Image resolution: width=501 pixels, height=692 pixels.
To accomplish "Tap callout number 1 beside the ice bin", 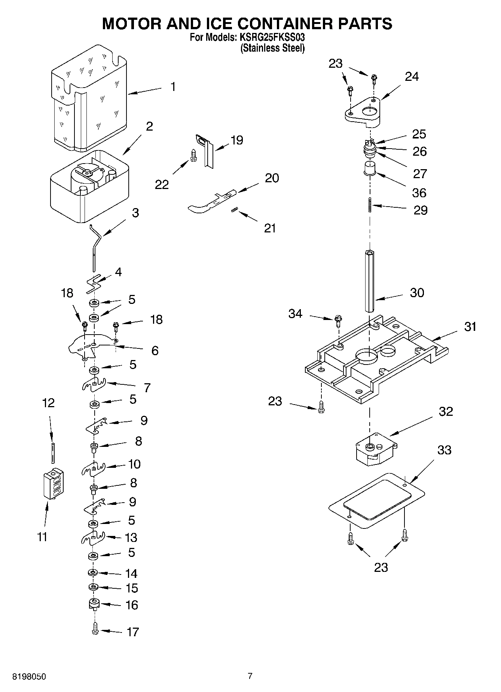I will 172,87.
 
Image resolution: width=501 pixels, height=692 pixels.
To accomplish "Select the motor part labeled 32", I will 376,448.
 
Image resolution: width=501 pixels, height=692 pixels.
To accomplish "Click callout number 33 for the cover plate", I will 444,450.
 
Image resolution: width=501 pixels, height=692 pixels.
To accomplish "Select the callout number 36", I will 419,193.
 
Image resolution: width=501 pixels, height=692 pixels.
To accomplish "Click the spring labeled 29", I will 370,205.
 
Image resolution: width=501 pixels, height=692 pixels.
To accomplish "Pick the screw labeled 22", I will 193,156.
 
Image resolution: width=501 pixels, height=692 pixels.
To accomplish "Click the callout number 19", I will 237,140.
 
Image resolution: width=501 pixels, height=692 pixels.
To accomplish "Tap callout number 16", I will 132,605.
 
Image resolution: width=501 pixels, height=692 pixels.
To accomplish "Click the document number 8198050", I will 30,677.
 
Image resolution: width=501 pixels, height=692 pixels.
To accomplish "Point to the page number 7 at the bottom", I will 250,676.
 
